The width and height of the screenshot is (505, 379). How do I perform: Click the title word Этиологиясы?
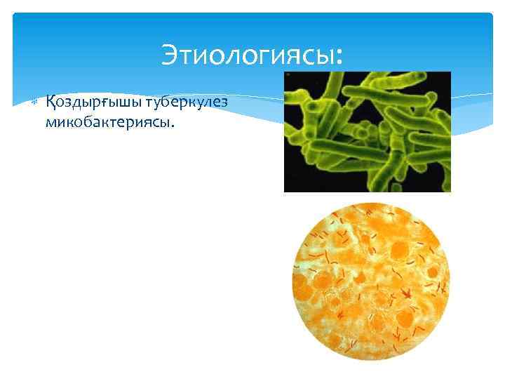pos(248,54)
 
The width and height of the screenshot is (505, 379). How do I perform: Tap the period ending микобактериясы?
pos(172,127)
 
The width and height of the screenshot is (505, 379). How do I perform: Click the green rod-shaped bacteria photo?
pos(367,131)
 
